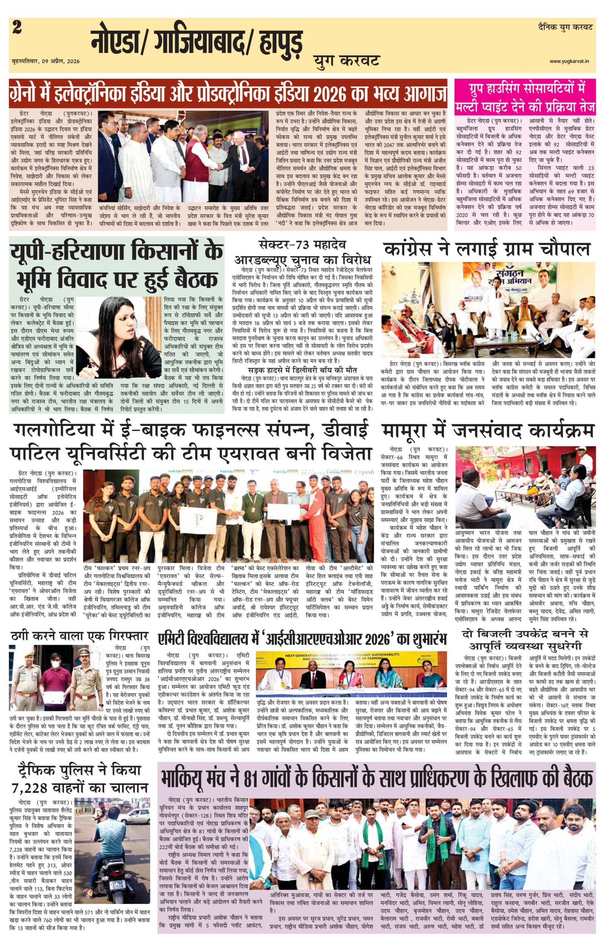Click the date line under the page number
[x=46, y=61]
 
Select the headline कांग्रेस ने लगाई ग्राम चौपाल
[x=487, y=249]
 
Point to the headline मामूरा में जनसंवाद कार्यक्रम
[x=488, y=431]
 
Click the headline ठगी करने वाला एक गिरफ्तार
[x=79, y=637]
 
